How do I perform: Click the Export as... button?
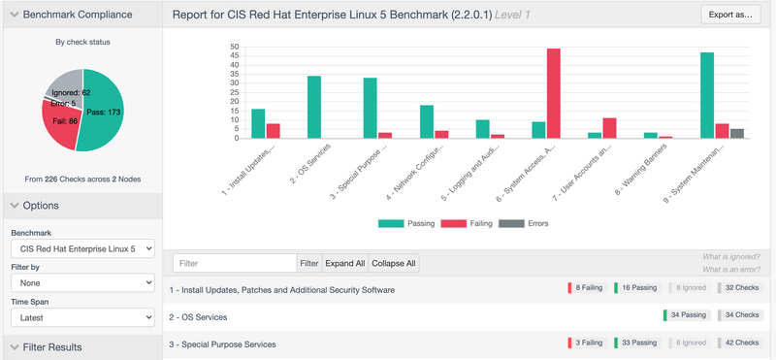(x=730, y=15)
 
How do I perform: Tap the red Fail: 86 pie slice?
(x=59, y=123)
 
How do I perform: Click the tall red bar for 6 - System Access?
(x=553, y=93)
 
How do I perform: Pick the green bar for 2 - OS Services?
(x=314, y=107)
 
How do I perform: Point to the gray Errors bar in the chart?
(x=737, y=134)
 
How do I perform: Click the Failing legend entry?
(x=467, y=223)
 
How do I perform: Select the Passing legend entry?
(x=406, y=223)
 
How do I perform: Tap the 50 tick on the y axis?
(x=235, y=47)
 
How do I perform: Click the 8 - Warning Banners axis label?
(x=641, y=170)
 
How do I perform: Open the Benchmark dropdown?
(x=82, y=248)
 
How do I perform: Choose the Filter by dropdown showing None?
(x=82, y=283)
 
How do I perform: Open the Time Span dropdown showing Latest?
(x=82, y=318)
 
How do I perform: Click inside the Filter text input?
(x=235, y=263)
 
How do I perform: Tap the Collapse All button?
(x=394, y=263)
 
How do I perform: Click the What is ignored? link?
(x=731, y=256)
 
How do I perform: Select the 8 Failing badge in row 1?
(x=587, y=287)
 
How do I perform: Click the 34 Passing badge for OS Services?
(x=688, y=315)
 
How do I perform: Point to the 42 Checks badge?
(x=739, y=343)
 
